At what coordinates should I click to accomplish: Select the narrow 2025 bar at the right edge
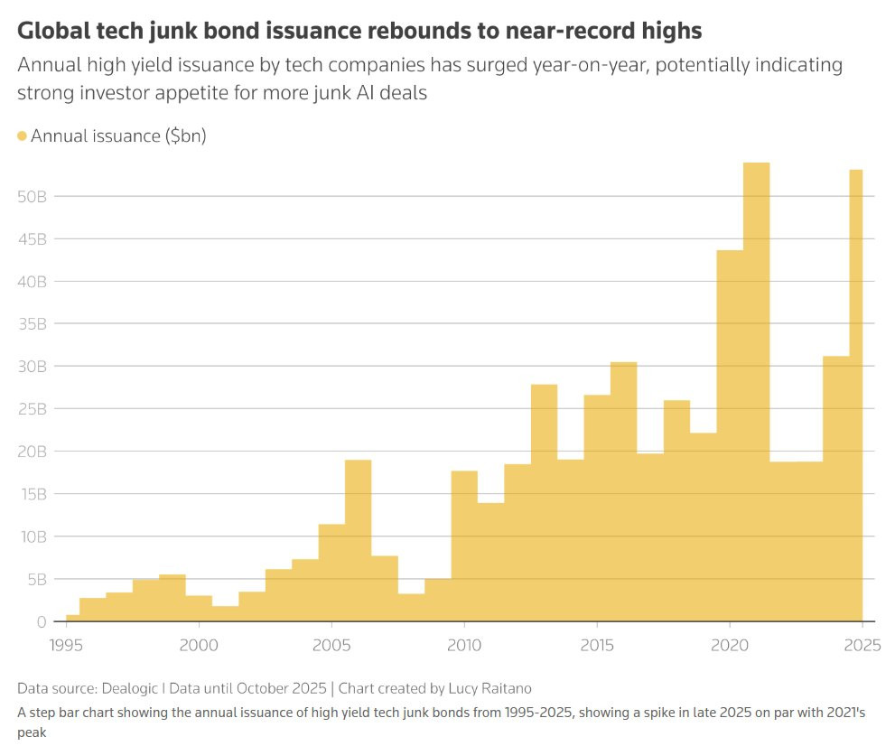click(x=856, y=397)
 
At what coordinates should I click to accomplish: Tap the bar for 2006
click(x=358, y=542)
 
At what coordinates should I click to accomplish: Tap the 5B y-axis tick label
click(x=34, y=579)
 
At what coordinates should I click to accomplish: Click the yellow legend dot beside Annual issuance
click(x=23, y=136)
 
